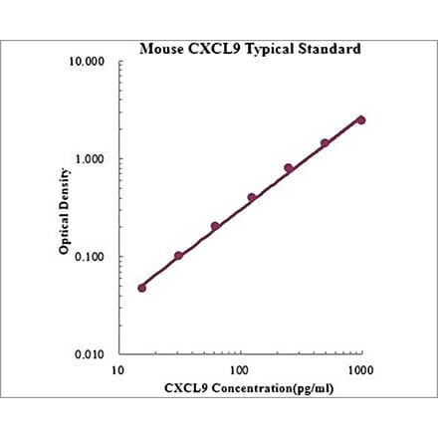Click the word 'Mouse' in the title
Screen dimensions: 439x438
[159, 47]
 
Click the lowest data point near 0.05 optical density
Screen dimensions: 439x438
[141, 288]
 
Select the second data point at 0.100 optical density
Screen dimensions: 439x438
[178, 256]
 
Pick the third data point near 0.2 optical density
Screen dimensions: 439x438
[215, 226]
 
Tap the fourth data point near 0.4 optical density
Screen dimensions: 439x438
[252, 197]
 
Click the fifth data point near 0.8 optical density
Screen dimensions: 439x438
[289, 168]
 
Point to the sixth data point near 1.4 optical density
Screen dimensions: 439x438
[325, 143]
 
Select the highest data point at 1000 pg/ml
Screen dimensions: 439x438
[361, 119]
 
